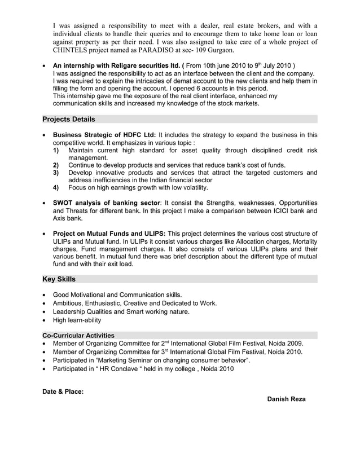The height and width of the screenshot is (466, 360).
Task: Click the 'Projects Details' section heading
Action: [x=69, y=119]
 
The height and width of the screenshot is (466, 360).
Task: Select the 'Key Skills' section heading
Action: [x=59, y=279]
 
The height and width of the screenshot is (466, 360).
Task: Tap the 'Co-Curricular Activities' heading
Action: [x=78, y=335]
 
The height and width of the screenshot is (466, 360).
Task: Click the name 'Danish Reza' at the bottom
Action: [x=286, y=399]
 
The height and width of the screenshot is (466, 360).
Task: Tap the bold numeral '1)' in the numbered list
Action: [x=56, y=151]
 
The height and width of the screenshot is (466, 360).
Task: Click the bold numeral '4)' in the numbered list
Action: [x=56, y=187]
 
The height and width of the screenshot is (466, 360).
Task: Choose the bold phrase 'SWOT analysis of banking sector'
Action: [x=107, y=203]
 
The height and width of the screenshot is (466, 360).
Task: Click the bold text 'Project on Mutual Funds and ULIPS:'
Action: [x=109, y=233]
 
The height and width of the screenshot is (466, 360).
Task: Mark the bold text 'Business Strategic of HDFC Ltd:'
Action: [x=105, y=135]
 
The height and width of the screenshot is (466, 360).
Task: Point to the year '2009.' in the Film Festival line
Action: [x=295, y=344]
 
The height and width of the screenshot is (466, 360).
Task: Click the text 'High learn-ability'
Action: [x=77, y=320]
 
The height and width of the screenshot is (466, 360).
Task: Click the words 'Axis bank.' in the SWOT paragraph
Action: [x=68, y=218]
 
